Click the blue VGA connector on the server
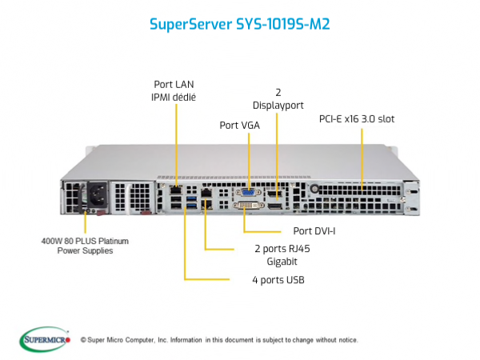pos(248,193)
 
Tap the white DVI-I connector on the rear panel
pos(249,205)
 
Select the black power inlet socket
pos(98,196)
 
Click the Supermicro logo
pos(45,339)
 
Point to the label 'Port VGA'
pos(240,126)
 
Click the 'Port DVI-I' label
pos(314,231)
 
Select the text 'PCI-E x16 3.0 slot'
pos(357,118)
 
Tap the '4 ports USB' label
pos(278,280)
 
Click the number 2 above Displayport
pos(278,92)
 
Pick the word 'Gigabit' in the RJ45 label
pos(282,262)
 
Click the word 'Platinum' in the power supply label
pos(114,242)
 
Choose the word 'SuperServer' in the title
pos(190,24)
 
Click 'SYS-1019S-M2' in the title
pos(283,24)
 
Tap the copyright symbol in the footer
pos(83,340)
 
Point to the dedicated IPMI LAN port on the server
pos(176,190)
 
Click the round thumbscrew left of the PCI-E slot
pos(314,188)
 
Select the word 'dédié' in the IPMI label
pos(185,97)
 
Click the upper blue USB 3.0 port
pos(192,198)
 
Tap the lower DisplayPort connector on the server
pos(275,206)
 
